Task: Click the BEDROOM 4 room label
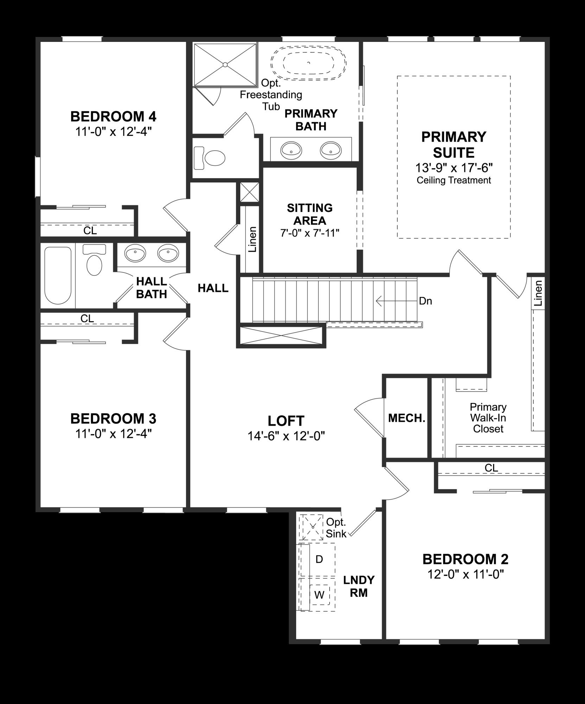(x=113, y=116)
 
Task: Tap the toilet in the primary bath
(x=210, y=158)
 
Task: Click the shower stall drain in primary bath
(x=225, y=64)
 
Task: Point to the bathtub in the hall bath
(x=58, y=275)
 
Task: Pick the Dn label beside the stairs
(x=425, y=301)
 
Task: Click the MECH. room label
(x=407, y=418)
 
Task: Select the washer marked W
(x=319, y=595)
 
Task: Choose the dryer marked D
(x=319, y=559)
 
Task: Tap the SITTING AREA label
(x=310, y=214)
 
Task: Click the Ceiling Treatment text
(x=454, y=181)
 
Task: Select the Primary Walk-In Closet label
(x=488, y=418)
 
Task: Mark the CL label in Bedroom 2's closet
(x=491, y=468)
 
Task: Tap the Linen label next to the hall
(x=252, y=239)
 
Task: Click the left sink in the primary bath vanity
(x=291, y=150)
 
